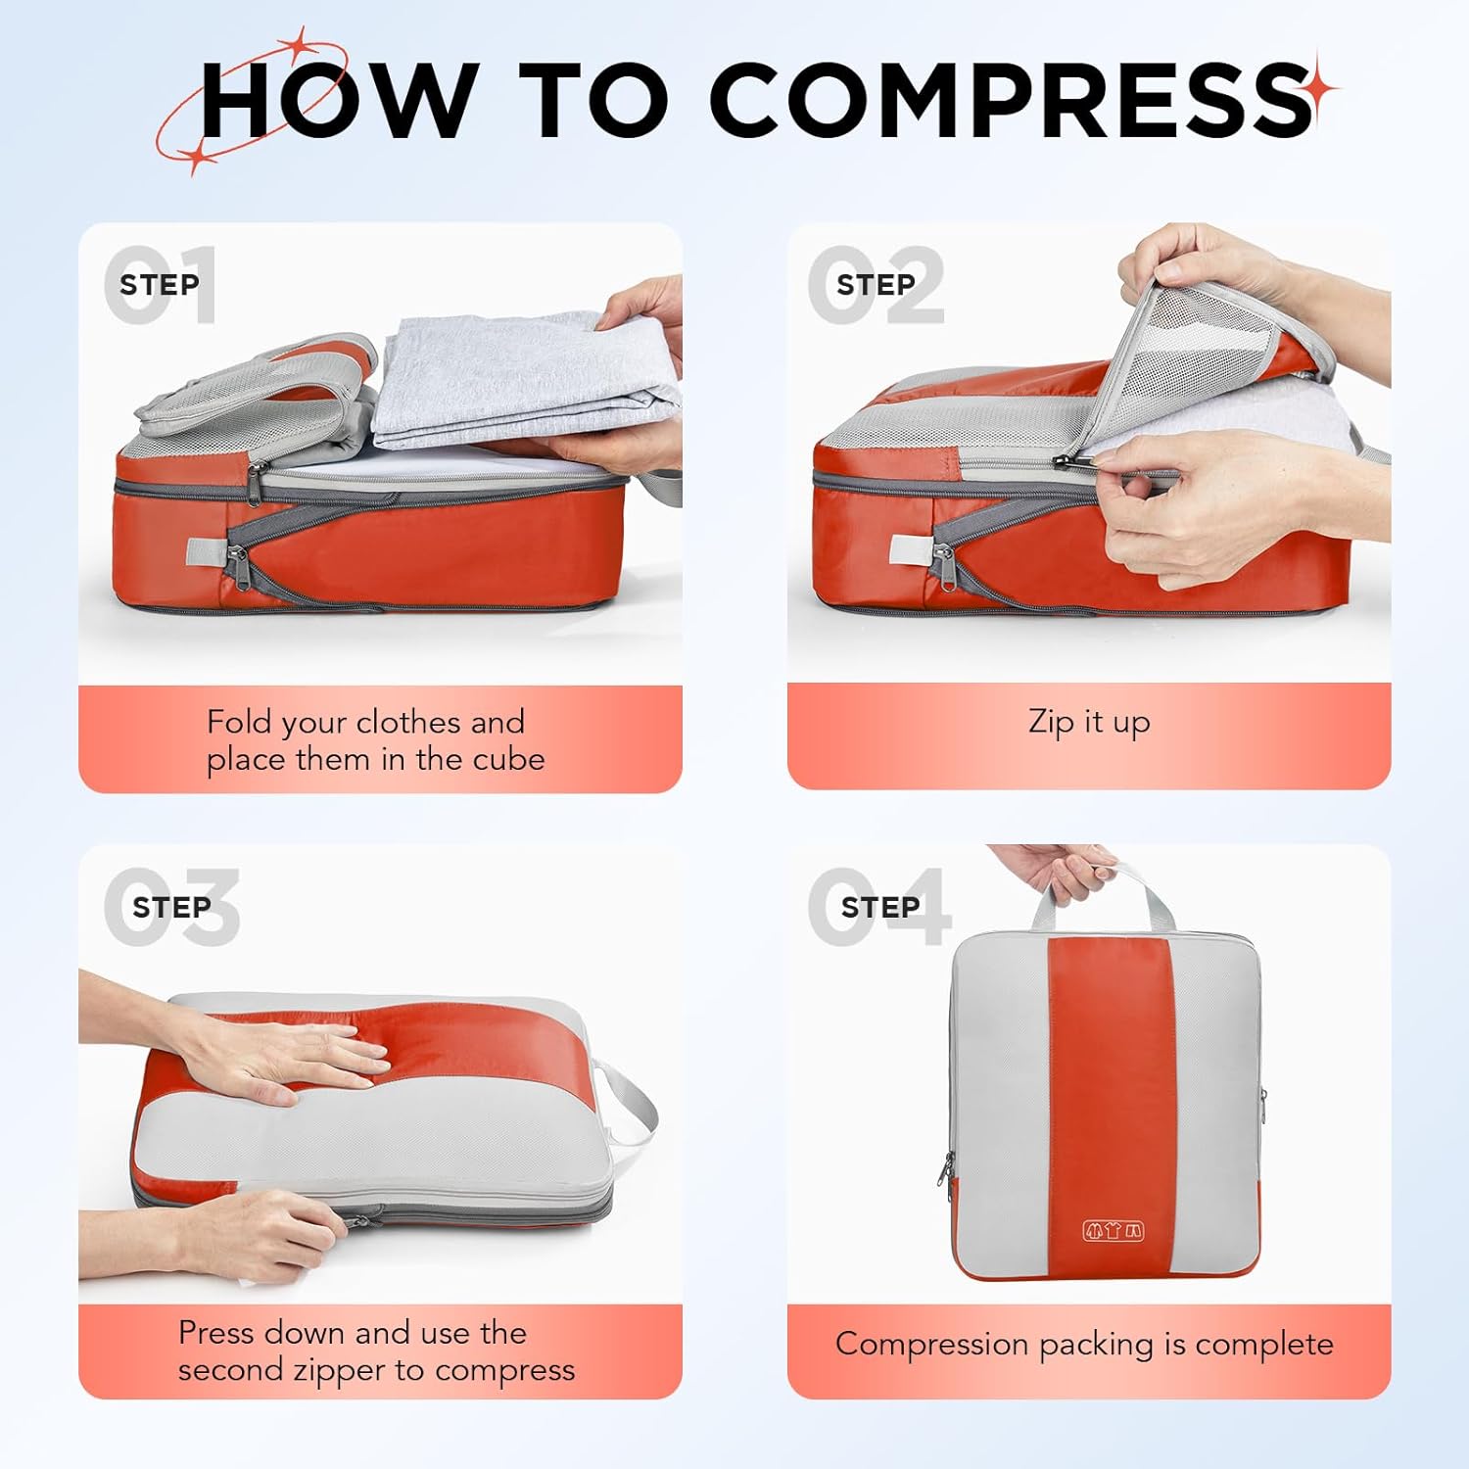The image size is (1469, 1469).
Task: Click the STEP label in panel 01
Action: pyautogui.click(x=159, y=285)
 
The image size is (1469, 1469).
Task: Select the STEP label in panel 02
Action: pyautogui.click(x=875, y=285)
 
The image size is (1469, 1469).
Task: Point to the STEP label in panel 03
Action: pyautogui.click(x=171, y=908)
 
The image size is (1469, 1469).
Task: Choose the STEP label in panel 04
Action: pyautogui.click(x=879, y=908)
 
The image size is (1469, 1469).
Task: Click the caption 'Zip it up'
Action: pyautogui.click(x=1089, y=722)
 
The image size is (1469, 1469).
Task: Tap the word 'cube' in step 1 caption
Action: pyautogui.click(x=508, y=760)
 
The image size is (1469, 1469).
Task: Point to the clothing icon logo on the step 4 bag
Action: pyautogui.click(x=1113, y=1231)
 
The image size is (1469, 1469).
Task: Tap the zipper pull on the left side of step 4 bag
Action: pyautogui.click(x=947, y=1170)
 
